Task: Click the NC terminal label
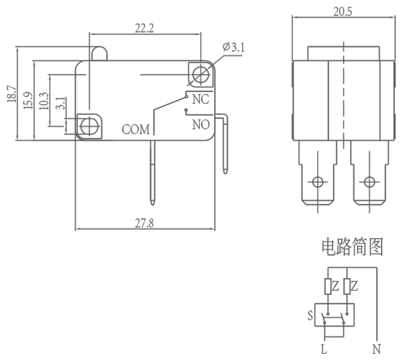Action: pyautogui.click(x=200, y=99)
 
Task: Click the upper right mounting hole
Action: pyautogui.click(x=200, y=73)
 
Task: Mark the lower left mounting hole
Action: pyautogui.click(x=89, y=125)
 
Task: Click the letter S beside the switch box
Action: pyautogui.click(x=310, y=314)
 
